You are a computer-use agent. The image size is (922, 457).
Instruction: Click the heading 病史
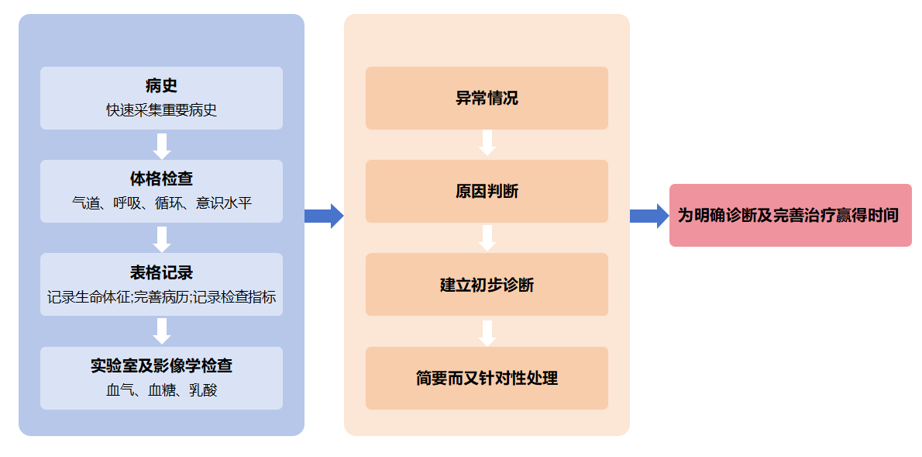pos(161,85)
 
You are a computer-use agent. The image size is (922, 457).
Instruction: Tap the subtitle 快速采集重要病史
pos(161,110)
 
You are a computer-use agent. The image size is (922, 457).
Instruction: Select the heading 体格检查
pos(161,179)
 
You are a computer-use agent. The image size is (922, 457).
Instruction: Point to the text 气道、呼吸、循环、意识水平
pos(161,203)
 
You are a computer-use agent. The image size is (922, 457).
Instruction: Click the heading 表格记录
pos(161,272)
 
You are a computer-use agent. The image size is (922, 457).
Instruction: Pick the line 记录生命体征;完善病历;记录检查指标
pos(161,296)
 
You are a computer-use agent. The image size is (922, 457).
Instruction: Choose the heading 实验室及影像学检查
pos(161,365)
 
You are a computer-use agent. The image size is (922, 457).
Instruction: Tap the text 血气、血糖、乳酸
pos(161,390)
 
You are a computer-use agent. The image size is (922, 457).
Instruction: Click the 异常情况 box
pos(487,99)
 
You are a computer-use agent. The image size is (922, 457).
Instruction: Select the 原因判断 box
pos(487,192)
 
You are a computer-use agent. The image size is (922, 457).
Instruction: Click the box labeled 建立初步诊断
pos(487,285)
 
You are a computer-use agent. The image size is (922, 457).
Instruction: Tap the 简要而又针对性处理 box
pos(487,378)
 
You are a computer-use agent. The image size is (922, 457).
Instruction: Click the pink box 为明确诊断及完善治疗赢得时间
pos(790,215)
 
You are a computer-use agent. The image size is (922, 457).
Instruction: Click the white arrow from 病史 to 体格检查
pos(161,145)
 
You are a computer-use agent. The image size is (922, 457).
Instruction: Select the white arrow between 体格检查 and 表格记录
pos(161,238)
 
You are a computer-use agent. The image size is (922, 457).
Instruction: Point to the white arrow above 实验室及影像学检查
pos(161,331)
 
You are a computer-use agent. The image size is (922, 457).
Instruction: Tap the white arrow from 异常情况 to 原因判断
pos(487,143)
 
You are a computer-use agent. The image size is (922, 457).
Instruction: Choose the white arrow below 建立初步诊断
pos(487,332)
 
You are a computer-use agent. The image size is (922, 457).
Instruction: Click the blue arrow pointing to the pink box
pos(648,215)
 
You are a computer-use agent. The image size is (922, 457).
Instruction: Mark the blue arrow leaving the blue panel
pos(323,215)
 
